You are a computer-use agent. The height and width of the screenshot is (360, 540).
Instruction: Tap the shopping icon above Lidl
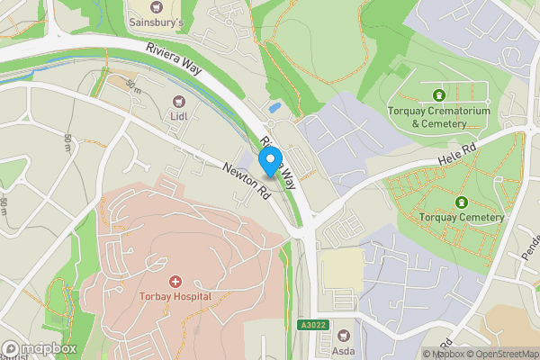click(176, 101)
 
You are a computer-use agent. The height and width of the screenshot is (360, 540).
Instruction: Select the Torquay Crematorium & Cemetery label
click(438, 117)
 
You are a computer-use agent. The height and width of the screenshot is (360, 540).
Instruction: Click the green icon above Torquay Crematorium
click(438, 94)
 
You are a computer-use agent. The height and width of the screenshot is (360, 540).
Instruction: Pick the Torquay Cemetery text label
click(462, 218)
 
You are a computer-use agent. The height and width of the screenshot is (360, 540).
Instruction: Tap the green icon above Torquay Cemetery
click(462, 202)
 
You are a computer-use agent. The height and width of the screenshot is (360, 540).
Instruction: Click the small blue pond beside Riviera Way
click(274, 108)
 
